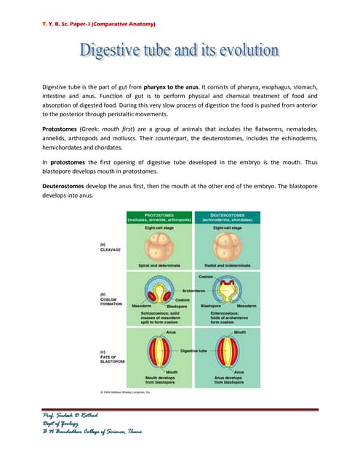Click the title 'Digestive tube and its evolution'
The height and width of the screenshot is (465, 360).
point(179,51)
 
